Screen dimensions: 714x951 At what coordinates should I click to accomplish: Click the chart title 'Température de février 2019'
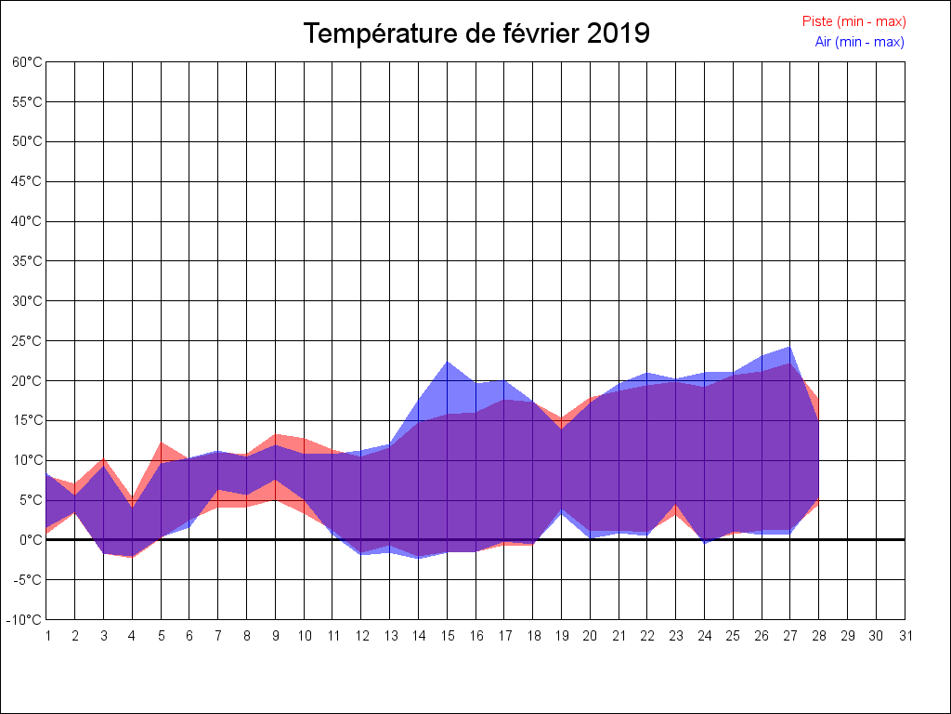pos(476,33)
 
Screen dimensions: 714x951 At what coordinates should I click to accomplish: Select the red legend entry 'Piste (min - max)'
pos(853,21)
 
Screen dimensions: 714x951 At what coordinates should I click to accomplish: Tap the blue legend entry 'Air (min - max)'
pos(859,42)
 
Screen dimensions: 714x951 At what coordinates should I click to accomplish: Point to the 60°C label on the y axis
pos(27,62)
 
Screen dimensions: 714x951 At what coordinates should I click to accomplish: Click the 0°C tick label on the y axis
pos(31,539)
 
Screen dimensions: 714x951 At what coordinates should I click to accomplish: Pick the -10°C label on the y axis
pos(25,619)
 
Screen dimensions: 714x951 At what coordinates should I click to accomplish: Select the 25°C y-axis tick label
pos(27,341)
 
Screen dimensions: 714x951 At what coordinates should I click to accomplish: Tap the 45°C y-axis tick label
pos(27,181)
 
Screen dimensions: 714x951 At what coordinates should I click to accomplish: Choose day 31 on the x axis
pos(905,636)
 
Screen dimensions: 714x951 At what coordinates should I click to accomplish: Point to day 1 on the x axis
pos(47,636)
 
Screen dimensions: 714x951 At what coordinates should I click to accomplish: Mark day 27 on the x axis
pos(790,636)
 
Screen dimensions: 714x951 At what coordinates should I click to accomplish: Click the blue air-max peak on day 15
pos(447,362)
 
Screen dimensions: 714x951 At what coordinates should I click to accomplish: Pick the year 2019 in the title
pos(619,33)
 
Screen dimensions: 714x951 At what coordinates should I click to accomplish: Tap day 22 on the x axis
pos(647,636)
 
